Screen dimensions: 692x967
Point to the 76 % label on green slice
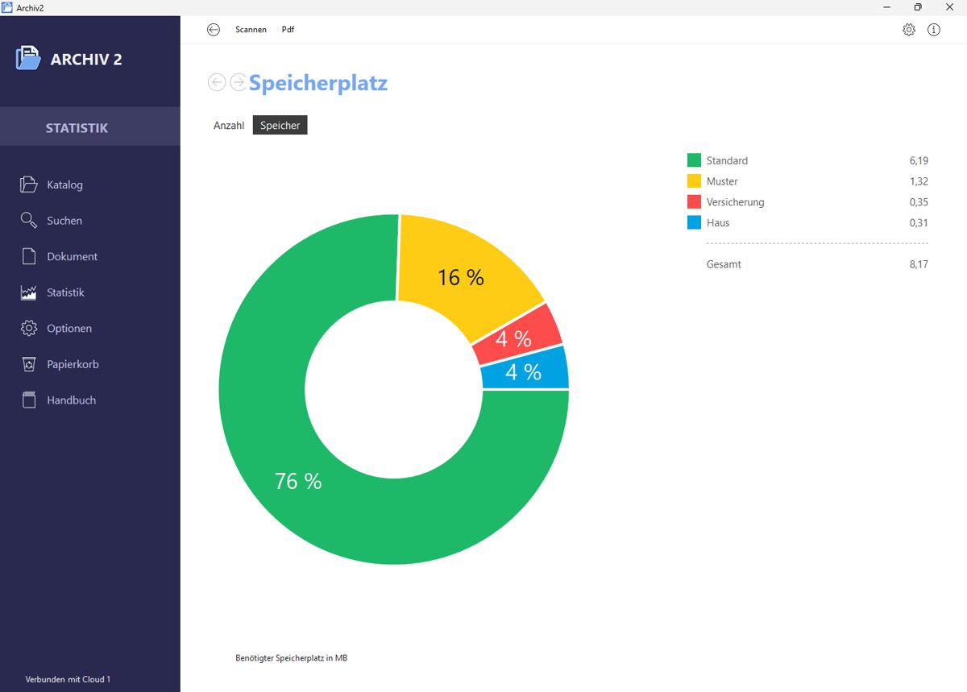pyautogui.click(x=298, y=481)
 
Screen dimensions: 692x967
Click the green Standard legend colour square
pyautogui.click(x=694, y=160)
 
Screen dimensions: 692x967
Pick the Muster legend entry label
pyautogui.click(x=722, y=181)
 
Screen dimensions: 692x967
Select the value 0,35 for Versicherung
pyautogui.click(x=919, y=202)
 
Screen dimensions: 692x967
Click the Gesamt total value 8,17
pyautogui.click(x=919, y=264)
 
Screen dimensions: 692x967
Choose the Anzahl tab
pyautogui.click(x=229, y=126)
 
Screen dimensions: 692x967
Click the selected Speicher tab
pyautogui.click(x=280, y=126)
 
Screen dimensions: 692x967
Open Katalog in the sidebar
pyautogui.click(x=64, y=184)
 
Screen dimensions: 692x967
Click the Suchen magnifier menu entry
pyautogui.click(x=64, y=221)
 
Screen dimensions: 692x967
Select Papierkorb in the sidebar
pyautogui.click(x=73, y=364)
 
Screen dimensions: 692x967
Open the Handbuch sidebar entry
pyautogui.click(x=71, y=400)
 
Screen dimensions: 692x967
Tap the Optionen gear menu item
pyautogui.click(x=69, y=329)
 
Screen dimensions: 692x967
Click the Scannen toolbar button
pyautogui.click(x=251, y=30)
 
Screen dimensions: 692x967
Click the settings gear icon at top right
pyautogui.click(x=909, y=30)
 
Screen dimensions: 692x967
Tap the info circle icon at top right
pyautogui.click(x=934, y=30)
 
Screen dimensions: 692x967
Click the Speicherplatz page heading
pyautogui.click(x=318, y=82)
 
